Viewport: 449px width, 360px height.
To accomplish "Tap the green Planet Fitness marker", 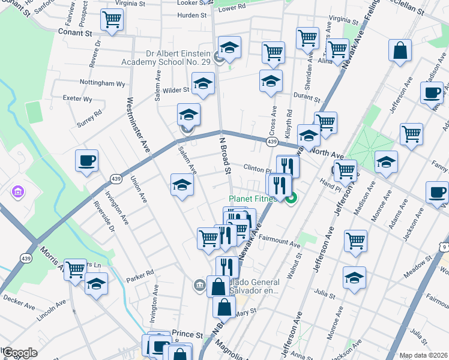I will click(x=292, y=199).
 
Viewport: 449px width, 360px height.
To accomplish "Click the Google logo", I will click(x=20, y=353).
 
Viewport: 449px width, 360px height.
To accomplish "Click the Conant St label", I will click(x=73, y=32).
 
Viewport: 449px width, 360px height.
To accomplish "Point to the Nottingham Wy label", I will click(x=103, y=83).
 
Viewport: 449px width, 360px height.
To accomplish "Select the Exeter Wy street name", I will click(x=79, y=98).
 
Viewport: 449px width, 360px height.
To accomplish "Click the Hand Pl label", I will click(x=348, y=187).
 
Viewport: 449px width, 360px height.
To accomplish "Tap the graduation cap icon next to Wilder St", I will click(x=203, y=85).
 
